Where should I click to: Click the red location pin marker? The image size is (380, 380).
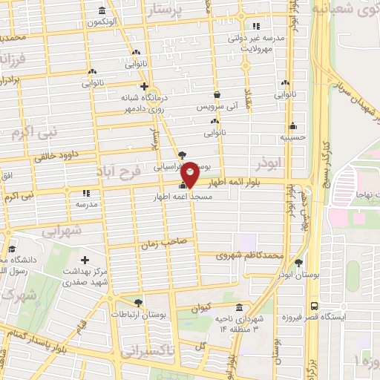coord(190,174)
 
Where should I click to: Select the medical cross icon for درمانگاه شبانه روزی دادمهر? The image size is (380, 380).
coord(144,85)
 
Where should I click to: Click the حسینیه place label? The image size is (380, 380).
coord(292,137)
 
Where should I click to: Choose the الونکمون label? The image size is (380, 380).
coord(102,23)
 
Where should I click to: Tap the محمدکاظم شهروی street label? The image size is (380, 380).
coord(249,255)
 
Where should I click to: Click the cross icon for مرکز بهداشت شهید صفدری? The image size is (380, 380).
coord(85,261)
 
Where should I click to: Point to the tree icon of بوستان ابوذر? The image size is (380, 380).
coord(298,263)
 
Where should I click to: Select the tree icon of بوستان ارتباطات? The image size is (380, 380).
coord(138,302)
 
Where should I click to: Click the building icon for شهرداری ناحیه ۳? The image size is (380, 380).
coord(238,307)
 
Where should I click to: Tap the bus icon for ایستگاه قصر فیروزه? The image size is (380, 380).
coord(314,305)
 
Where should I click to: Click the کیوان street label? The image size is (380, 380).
coord(201,307)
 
